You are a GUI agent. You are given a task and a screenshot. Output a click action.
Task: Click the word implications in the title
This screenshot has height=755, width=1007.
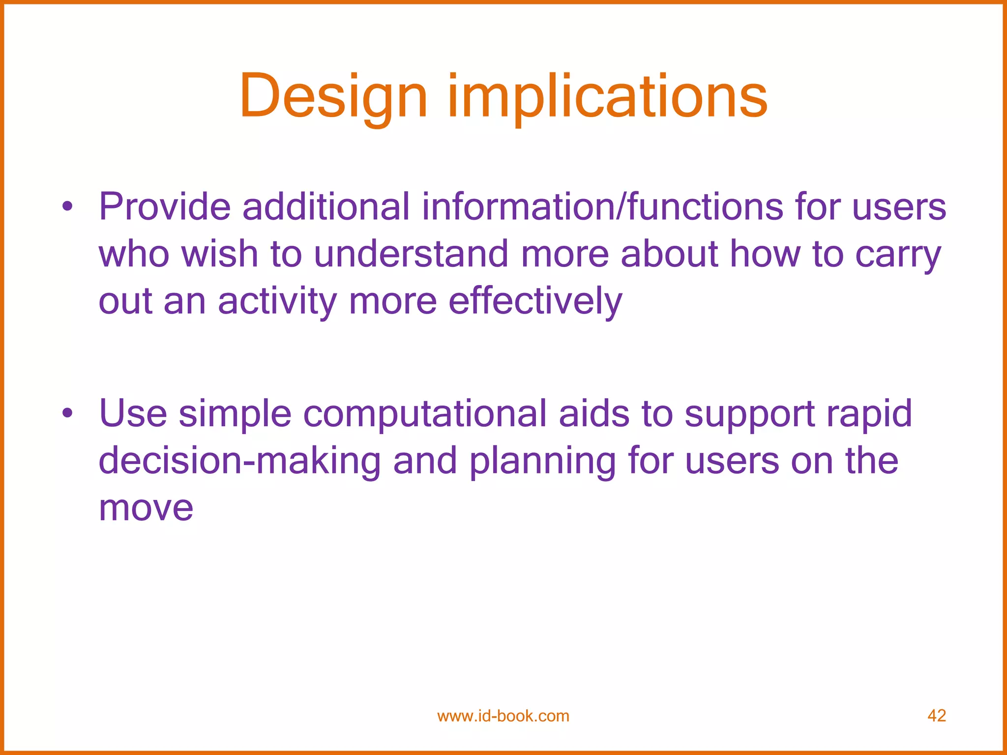(607, 96)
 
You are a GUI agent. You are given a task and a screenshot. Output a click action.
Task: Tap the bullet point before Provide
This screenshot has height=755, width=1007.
(67, 207)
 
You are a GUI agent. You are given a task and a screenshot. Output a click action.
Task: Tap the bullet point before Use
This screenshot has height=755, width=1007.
(67, 413)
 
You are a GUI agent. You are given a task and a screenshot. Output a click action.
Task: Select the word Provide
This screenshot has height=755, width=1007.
(165, 207)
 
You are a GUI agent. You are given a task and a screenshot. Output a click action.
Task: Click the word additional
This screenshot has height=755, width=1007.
(326, 207)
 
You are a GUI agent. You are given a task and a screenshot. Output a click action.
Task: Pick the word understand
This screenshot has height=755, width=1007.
(411, 254)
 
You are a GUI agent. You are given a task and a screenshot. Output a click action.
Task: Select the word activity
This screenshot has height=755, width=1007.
(277, 301)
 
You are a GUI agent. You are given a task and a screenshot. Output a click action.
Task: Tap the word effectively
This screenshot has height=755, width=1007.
(535, 301)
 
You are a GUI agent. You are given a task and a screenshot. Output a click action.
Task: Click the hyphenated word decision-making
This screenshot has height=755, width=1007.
(240, 462)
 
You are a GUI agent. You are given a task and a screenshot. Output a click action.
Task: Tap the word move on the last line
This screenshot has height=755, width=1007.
(146, 508)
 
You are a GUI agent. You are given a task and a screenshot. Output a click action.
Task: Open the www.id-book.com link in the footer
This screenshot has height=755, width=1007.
(503, 716)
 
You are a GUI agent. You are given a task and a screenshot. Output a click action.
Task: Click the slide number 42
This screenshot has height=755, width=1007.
(936, 716)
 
